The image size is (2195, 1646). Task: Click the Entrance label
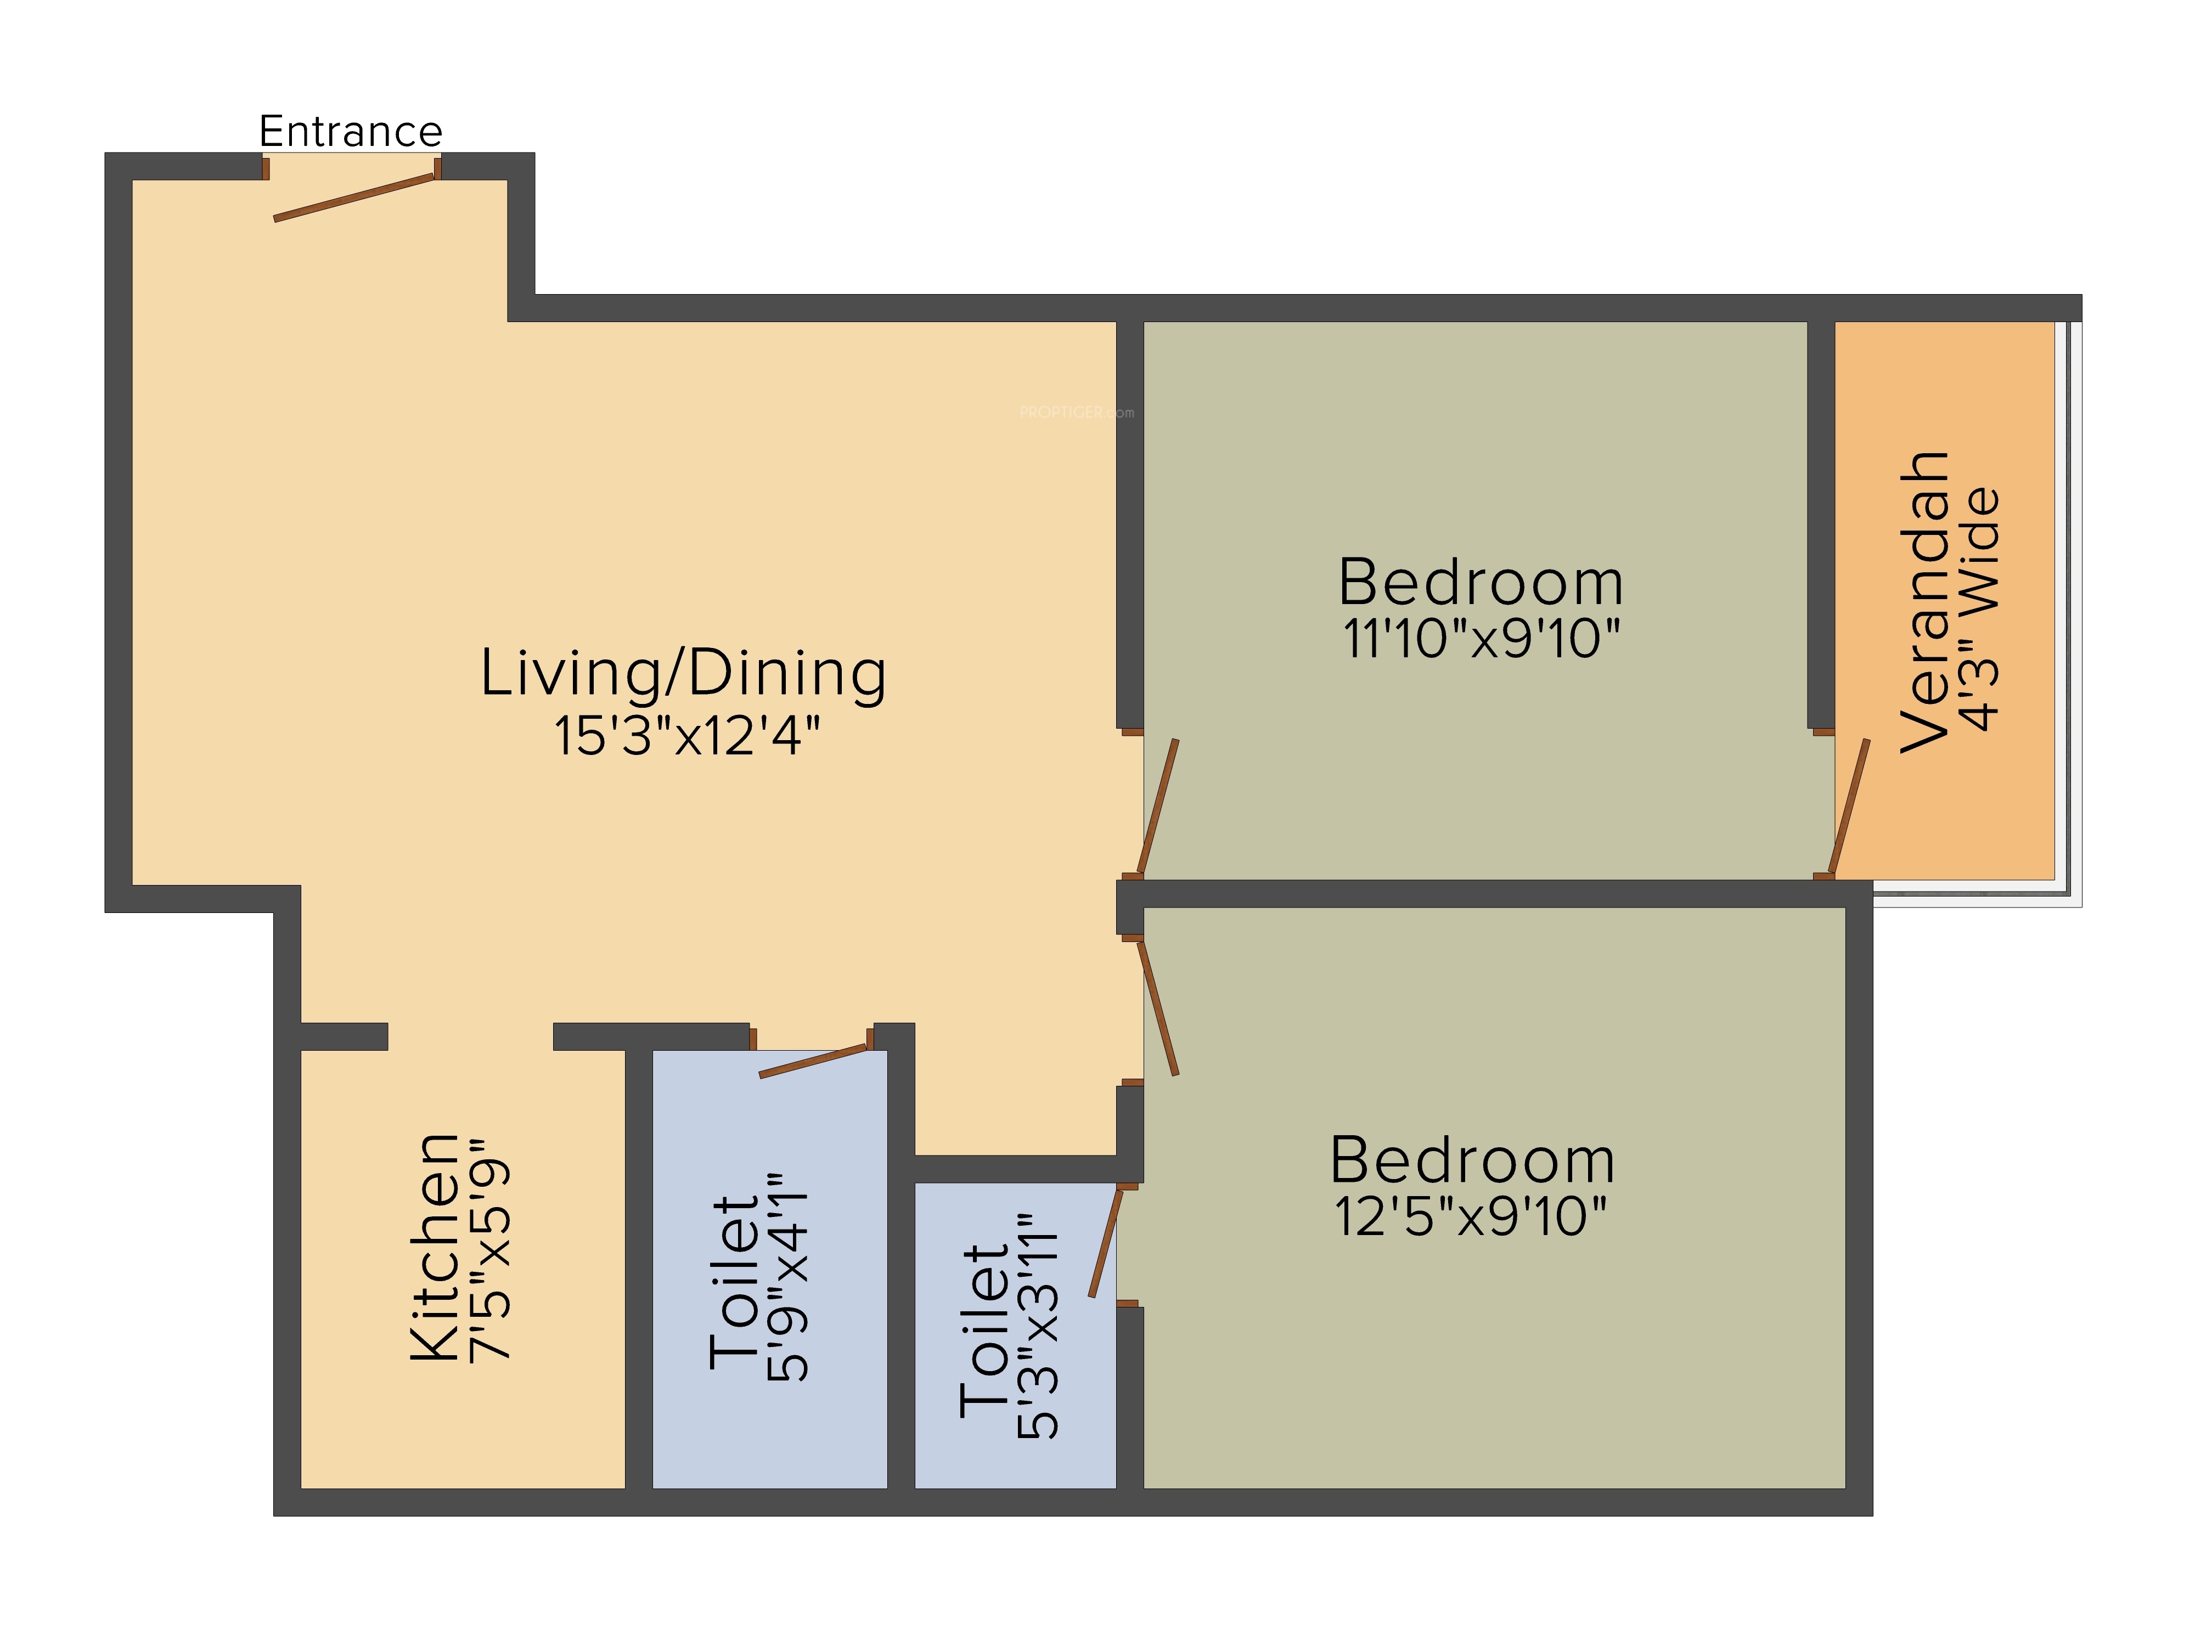click(350, 131)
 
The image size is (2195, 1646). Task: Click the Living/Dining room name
click(684, 674)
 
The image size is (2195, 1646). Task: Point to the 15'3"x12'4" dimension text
click(686, 736)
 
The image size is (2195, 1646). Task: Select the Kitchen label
click(435, 1247)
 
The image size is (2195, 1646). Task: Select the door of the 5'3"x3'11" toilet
click(1105, 1242)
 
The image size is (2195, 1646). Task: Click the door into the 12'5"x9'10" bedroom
click(1158, 1008)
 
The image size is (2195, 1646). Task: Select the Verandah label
click(1924, 602)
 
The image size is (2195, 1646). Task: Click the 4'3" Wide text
click(1980, 609)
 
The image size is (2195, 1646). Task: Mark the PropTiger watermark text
click(1077, 413)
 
